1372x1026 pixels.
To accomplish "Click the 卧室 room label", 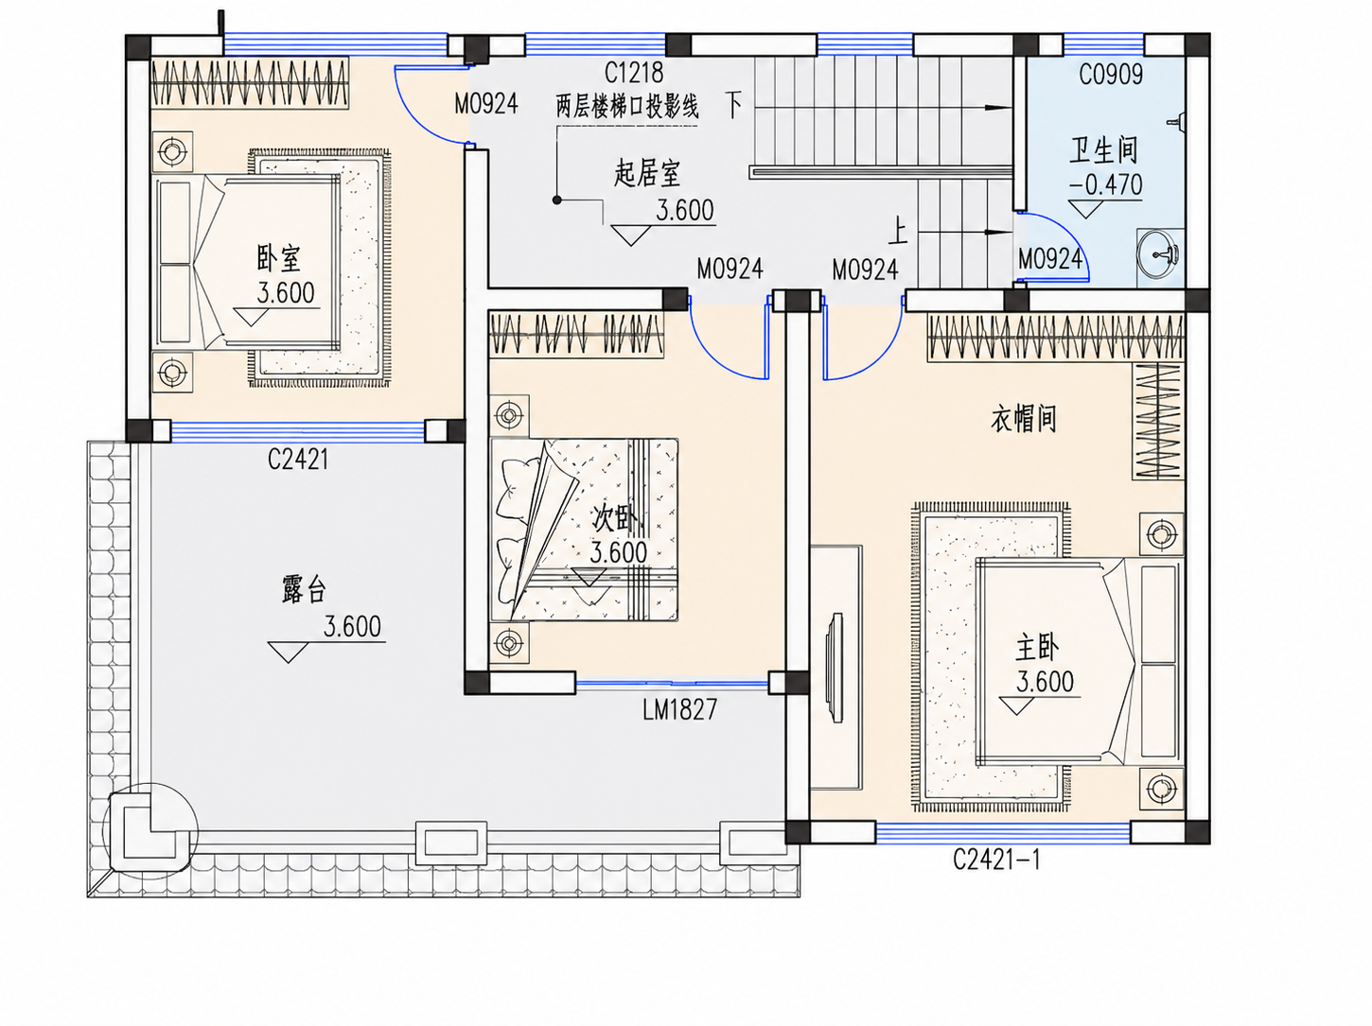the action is (279, 258).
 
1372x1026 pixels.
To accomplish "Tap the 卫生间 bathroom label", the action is (1103, 149).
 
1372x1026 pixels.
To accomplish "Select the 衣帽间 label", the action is (1024, 418).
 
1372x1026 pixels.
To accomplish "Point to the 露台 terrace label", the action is (304, 589).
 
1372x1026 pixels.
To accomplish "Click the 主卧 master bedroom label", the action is (1037, 648).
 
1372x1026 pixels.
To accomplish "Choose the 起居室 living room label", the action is (647, 173).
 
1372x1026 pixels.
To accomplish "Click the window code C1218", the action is (634, 73).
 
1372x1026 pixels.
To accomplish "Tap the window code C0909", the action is (1111, 75).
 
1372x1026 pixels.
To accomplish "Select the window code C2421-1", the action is (996, 860).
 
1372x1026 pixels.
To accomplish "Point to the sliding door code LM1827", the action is (680, 709).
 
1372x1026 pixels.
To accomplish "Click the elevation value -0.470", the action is (1106, 184).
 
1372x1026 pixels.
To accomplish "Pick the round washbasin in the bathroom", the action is (1158, 252).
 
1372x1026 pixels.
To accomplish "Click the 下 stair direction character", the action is (734, 106).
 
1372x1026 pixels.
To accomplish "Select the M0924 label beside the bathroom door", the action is (1050, 258).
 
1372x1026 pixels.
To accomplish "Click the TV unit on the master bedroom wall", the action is (836, 668).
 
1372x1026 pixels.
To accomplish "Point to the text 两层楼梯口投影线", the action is (627, 107).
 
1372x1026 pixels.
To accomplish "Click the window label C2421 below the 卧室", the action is (297, 460).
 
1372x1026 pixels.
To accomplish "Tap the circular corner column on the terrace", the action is (150, 830).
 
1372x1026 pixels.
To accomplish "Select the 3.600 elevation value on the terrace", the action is (352, 626).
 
